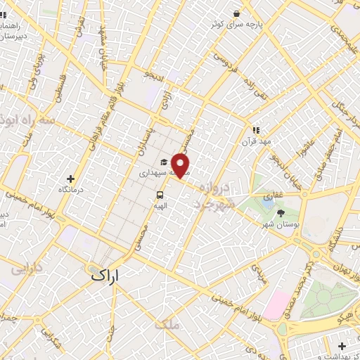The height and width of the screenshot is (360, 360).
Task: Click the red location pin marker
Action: tap(181, 165)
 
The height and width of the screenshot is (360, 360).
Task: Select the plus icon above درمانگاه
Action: tap(70, 179)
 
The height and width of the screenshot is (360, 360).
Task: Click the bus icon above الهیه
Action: tap(160, 195)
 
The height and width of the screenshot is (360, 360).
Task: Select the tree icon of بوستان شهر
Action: tap(282, 212)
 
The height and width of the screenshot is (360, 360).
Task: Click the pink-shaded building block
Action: tap(276, 304)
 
